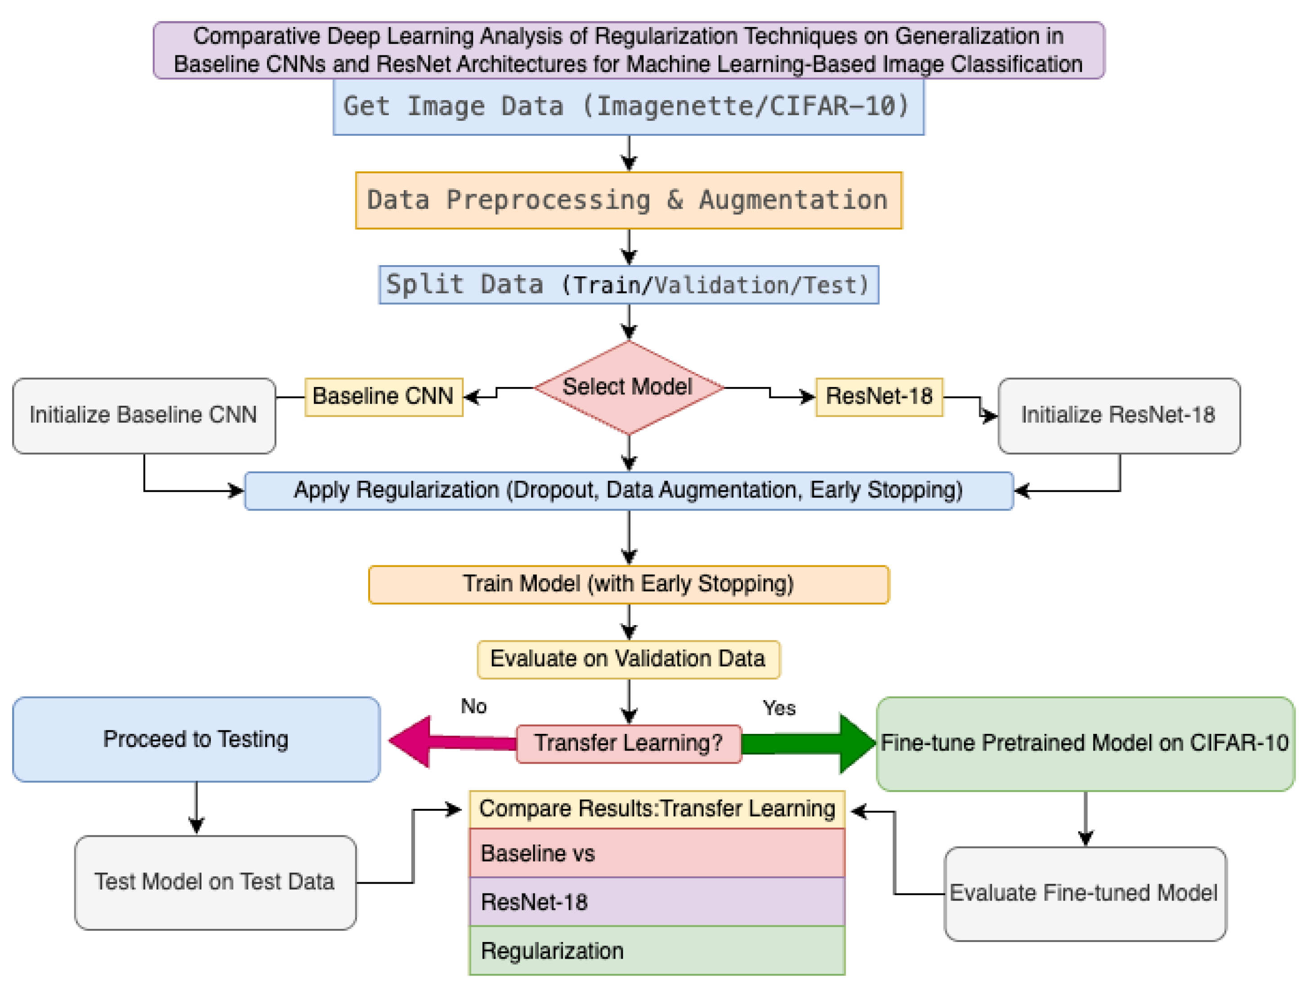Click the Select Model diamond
(x=629, y=387)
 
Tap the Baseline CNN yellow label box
(x=384, y=396)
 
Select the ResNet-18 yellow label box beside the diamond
(x=879, y=396)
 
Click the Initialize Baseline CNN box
(x=143, y=415)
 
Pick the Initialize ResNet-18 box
(x=1118, y=415)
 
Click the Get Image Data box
(x=628, y=107)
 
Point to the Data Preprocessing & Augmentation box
(x=628, y=200)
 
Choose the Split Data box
(x=628, y=285)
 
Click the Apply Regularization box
(x=628, y=491)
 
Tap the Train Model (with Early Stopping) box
(x=628, y=584)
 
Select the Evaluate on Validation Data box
(x=628, y=659)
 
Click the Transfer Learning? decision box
(x=628, y=743)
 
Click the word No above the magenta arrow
(x=473, y=706)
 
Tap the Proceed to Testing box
(x=196, y=739)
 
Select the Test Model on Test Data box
(x=215, y=882)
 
